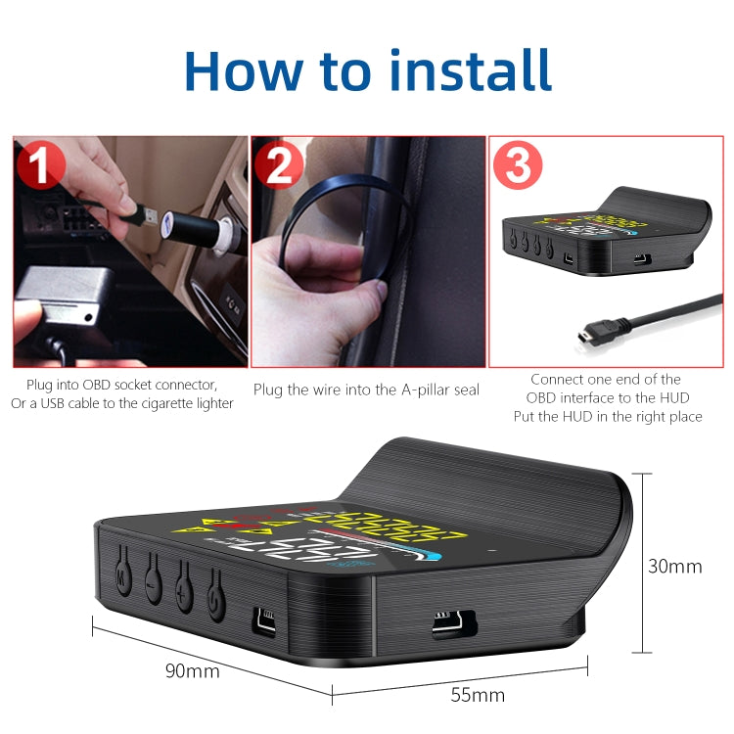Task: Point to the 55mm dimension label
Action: point(477,695)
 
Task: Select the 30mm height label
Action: point(675,566)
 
